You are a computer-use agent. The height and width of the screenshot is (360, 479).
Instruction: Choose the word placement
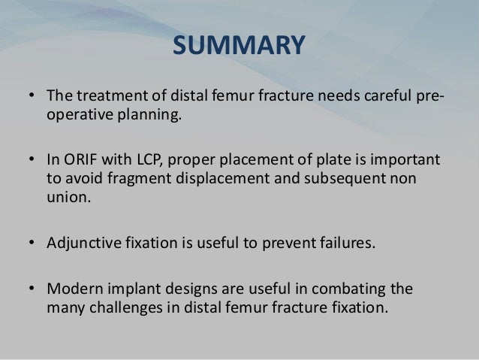[x=252, y=162]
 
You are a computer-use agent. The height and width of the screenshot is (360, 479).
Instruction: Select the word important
[x=410, y=162]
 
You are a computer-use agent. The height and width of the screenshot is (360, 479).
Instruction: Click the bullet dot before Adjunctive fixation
[x=33, y=244]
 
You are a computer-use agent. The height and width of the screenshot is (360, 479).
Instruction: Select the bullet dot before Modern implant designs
[x=33, y=289]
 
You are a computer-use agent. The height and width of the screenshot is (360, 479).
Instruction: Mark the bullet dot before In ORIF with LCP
[x=33, y=162]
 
